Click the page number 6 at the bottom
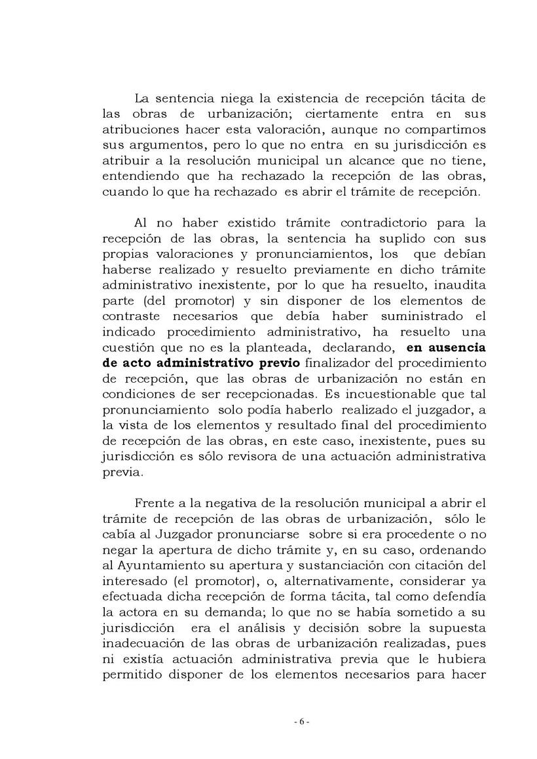[x=301, y=703]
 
